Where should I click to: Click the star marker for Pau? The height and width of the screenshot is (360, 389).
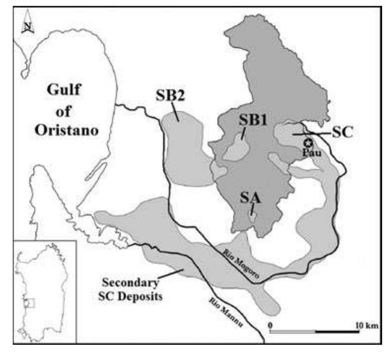[x=308, y=143]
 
